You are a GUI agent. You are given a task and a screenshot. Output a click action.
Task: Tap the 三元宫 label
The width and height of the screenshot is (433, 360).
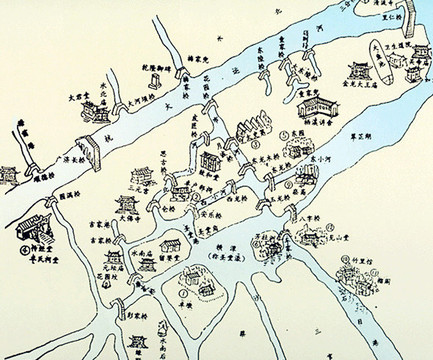(138, 186)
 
